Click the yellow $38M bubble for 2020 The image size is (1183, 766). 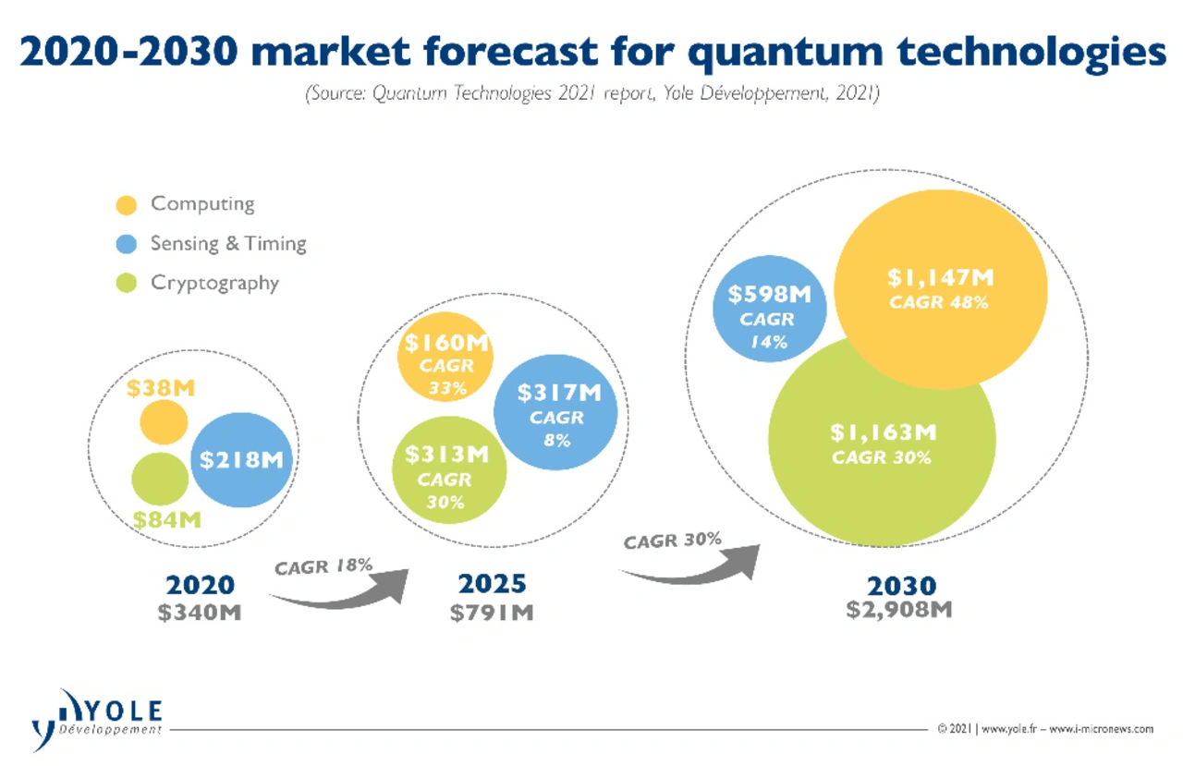164,423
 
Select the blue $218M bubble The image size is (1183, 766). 242,459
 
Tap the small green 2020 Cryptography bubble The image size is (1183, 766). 160,479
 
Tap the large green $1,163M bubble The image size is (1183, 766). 882,442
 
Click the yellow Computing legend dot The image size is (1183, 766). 128,204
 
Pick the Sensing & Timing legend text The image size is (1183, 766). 228,244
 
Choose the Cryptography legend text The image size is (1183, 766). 214,283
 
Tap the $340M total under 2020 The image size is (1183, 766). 201,612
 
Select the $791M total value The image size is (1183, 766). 492,612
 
